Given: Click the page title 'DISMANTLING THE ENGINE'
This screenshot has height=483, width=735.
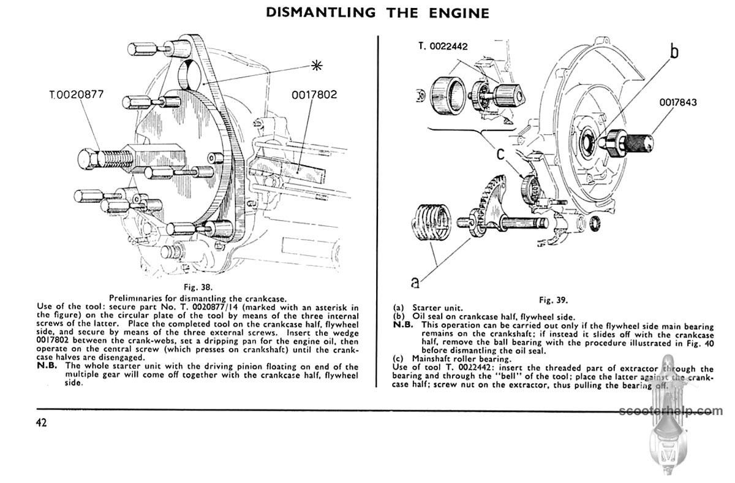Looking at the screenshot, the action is click(377, 13).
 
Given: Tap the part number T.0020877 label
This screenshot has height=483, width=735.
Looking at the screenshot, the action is click(77, 94).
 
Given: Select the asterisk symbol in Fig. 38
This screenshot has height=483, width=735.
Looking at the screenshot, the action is click(317, 66).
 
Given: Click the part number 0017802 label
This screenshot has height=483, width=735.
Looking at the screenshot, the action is click(314, 94).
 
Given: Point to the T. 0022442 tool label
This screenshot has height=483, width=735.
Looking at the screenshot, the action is click(443, 47).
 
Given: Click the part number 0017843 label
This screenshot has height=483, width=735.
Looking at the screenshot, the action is click(678, 102).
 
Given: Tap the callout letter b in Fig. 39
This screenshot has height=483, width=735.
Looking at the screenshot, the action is click(674, 51).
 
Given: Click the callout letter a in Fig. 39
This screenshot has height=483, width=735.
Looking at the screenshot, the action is click(415, 282).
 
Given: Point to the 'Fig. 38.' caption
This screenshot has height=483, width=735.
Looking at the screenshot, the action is click(198, 287).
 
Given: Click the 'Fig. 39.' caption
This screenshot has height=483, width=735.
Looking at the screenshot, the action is click(554, 300).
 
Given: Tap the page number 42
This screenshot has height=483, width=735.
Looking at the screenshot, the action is click(42, 422).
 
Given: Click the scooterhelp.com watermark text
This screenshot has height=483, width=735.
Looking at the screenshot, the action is click(671, 411).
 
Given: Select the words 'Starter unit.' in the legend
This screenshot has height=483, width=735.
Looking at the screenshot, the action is click(437, 308).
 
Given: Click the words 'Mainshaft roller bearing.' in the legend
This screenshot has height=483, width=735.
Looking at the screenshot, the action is click(462, 359).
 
